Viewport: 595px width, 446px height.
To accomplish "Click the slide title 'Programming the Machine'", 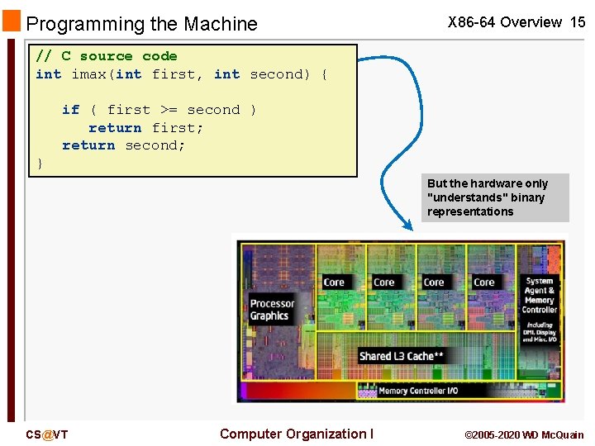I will coord(142,25).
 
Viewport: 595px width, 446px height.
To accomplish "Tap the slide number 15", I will coord(578,22).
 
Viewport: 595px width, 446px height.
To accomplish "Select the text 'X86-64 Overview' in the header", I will coord(505,22).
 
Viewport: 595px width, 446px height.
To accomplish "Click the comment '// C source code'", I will coord(107,56).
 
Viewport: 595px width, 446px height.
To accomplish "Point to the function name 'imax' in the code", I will coord(89,74).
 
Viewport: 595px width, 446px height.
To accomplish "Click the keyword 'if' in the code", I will coord(71,110).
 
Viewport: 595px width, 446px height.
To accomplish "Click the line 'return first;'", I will coord(145,128).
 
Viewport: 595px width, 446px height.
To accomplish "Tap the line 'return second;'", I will coord(123,145).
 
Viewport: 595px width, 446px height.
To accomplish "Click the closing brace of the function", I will coord(40,164).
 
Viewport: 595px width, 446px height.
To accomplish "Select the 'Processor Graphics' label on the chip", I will coord(271,310).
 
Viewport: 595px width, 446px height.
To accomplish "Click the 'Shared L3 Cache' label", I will coord(402,356).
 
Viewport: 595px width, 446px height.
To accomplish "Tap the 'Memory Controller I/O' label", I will coord(417,391).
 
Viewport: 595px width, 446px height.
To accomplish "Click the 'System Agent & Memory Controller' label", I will coord(540,295).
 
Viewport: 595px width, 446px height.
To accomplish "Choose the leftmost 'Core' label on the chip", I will coord(334,282).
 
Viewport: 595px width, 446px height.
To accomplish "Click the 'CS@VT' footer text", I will coord(46,434).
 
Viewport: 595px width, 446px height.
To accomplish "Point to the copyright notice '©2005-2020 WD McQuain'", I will coord(524,434).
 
